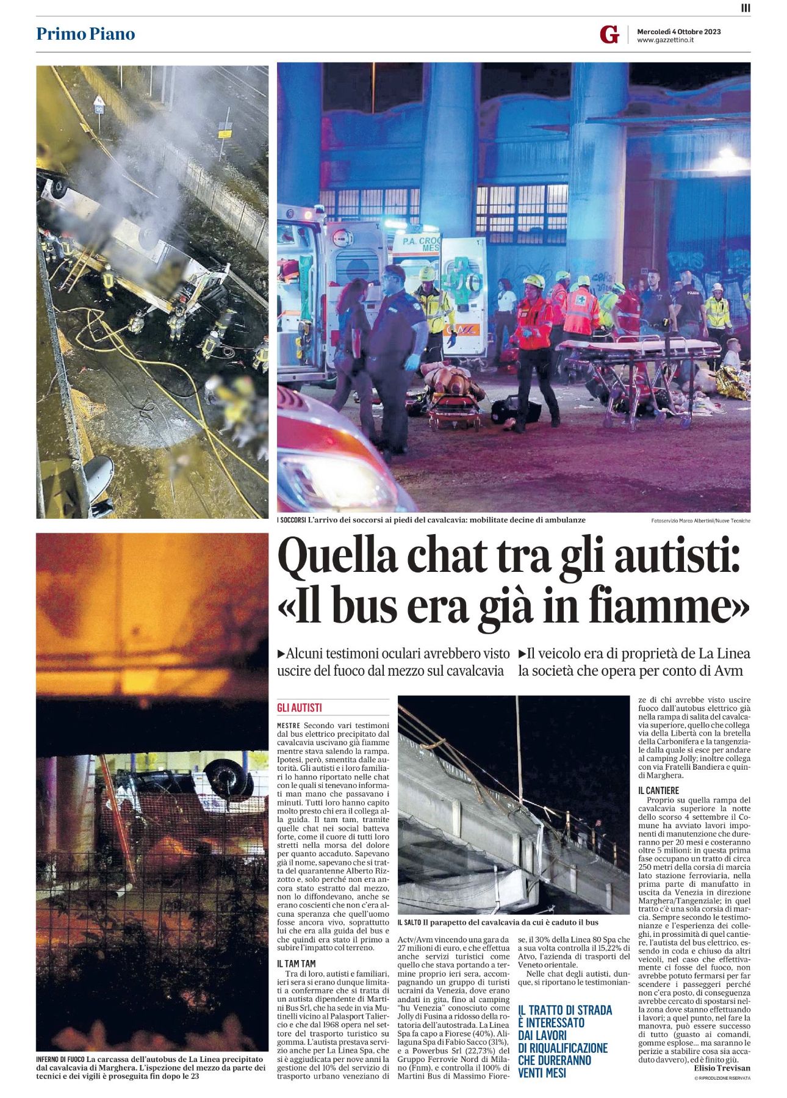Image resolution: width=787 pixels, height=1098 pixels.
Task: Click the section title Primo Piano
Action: pyautogui.click(x=85, y=34)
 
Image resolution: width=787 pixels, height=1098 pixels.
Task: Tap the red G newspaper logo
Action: pyautogui.click(x=609, y=35)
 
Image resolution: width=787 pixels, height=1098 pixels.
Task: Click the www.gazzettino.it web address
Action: pyautogui.click(x=666, y=40)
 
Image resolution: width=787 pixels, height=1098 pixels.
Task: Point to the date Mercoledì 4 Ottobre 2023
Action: pyautogui.click(x=678, y=31)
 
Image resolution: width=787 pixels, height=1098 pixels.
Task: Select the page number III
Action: pyautogui.click(x=746, y=8)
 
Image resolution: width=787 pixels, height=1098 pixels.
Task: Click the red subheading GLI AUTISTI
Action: pyautogui.click(x=299, y=708)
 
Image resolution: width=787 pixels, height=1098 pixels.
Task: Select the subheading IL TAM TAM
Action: pyautogui.click(x=296, y=964)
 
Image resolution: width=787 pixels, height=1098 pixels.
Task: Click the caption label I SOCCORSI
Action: pyautogui.click(x=292, y=520)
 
